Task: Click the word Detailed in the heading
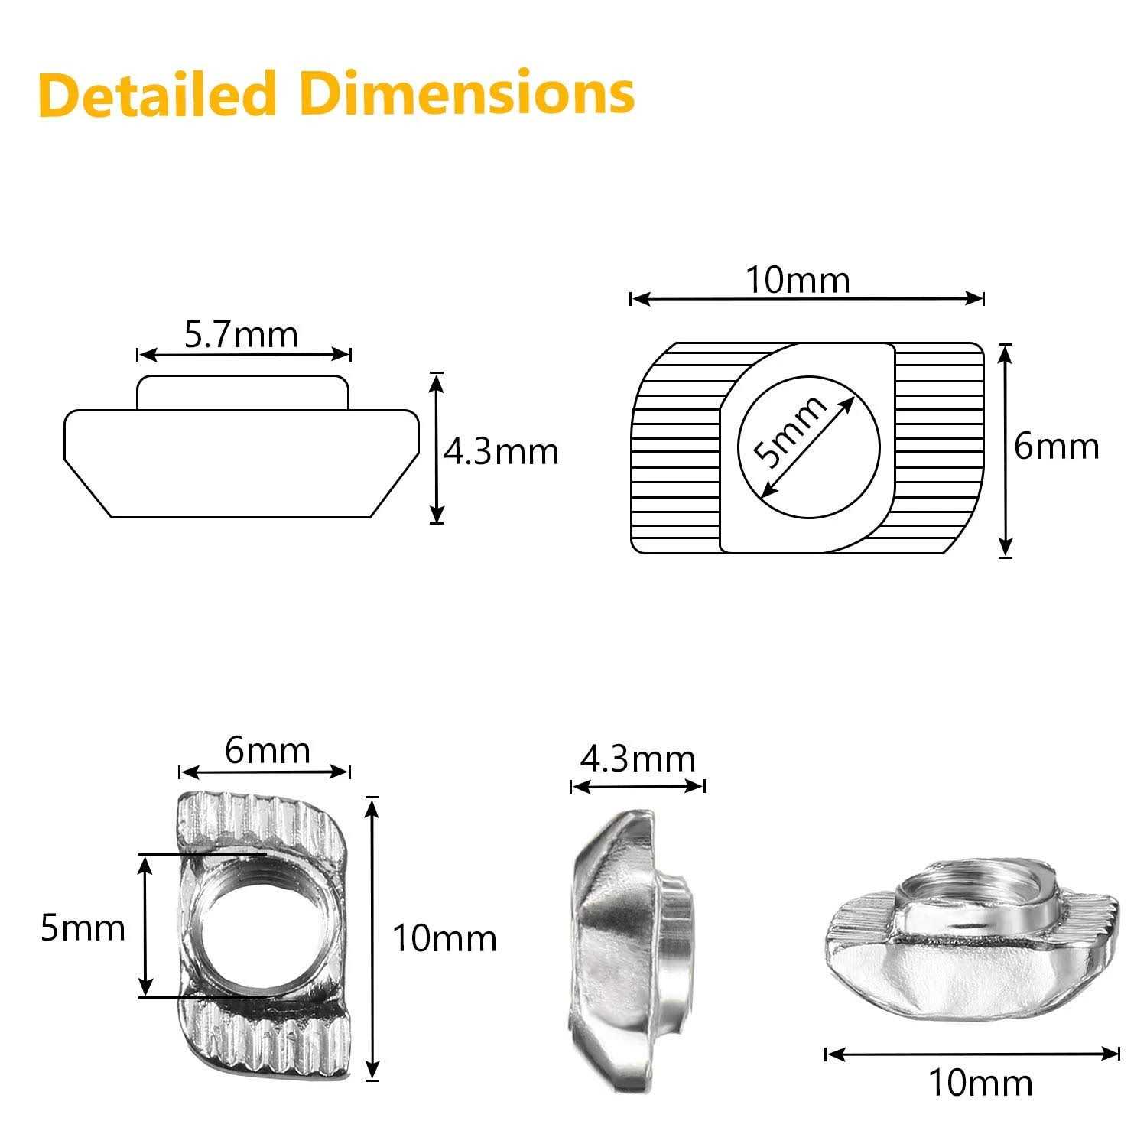[x=157, y=94]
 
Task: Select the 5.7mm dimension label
[x=241, y=334]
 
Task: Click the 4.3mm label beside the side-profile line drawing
[x=502, y=452]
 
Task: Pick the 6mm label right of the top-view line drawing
[x=1056, y=446]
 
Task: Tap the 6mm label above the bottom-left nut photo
[x=268, y=751]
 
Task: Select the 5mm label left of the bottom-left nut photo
[x=83, y=928]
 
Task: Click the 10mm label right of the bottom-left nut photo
[x=444, y=938]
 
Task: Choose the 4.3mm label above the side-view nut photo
[x=638, y=759]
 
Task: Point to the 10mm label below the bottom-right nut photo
[x=980, y=1083]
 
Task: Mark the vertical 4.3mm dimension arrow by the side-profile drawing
[x=437, y=447]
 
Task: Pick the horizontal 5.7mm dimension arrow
[x=243, y=354]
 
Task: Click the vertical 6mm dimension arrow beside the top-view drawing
[x=1006, y=450]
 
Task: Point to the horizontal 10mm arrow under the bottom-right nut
[x=973, y=1054]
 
